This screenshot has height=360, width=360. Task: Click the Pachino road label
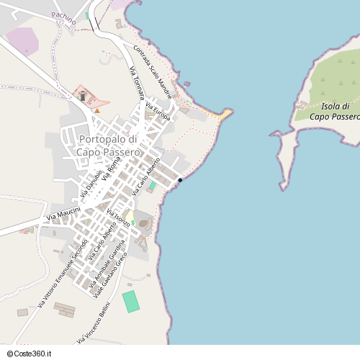(x=64, y=18)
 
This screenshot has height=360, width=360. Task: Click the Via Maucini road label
(x=63, y=212)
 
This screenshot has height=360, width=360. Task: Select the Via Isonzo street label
(x=118, y=218)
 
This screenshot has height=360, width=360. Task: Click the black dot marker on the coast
(x=179, y=180)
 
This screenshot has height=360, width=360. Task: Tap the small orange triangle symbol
(x=97, y=110)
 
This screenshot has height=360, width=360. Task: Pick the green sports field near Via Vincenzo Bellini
(x=131, y=301)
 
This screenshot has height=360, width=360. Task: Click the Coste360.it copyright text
(x=32, y=354)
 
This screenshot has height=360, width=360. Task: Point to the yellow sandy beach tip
(x=225, y=113)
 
